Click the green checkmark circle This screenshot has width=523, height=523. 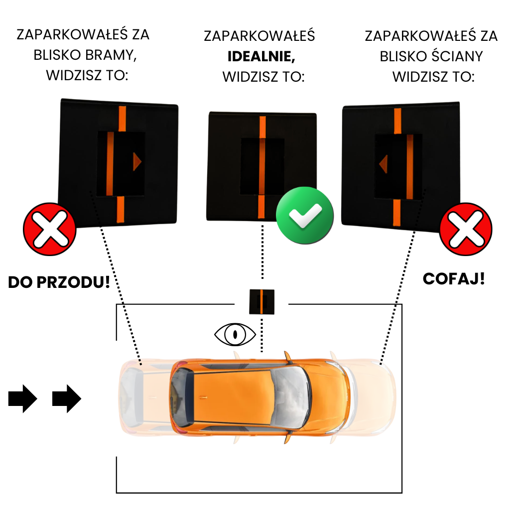[x=305, y=215]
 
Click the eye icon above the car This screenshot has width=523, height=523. [x=235, y=334]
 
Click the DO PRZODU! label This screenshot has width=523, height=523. [x=59, y=282]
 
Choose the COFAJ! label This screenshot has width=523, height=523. [x=453, y=278]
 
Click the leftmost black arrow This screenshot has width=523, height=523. [x=22, y=398]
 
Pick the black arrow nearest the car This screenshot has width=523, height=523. [x=66, y=398]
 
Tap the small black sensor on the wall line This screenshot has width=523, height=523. [x=261, y=301]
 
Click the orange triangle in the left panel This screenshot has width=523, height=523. [x=136, y=162]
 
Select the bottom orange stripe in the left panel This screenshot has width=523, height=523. [x=120, y=209]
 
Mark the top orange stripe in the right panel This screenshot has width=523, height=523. [x=397, y=121]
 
